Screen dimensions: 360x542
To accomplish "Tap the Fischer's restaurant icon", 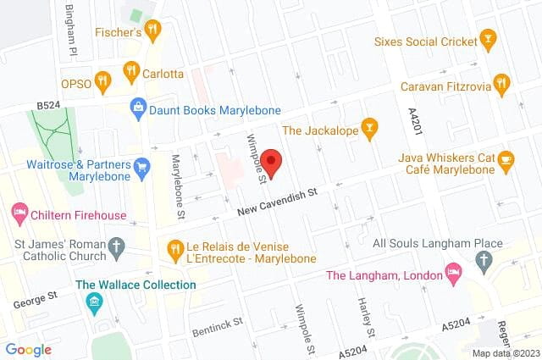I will (152, 31).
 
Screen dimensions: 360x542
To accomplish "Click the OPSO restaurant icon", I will (102, 81).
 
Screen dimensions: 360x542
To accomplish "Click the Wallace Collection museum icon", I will (94, 302).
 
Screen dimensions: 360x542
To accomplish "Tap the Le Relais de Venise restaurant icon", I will (174, 250).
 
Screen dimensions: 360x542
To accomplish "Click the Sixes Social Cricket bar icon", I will (486, 39).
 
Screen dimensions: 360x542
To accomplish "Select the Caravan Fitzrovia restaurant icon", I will (501, 83).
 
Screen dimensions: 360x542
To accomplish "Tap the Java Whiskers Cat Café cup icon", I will (506, 158).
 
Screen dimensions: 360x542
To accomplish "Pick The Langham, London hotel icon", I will (453, 274).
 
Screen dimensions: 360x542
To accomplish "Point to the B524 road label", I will (49, 105).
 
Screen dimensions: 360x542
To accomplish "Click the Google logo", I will (28, 350).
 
